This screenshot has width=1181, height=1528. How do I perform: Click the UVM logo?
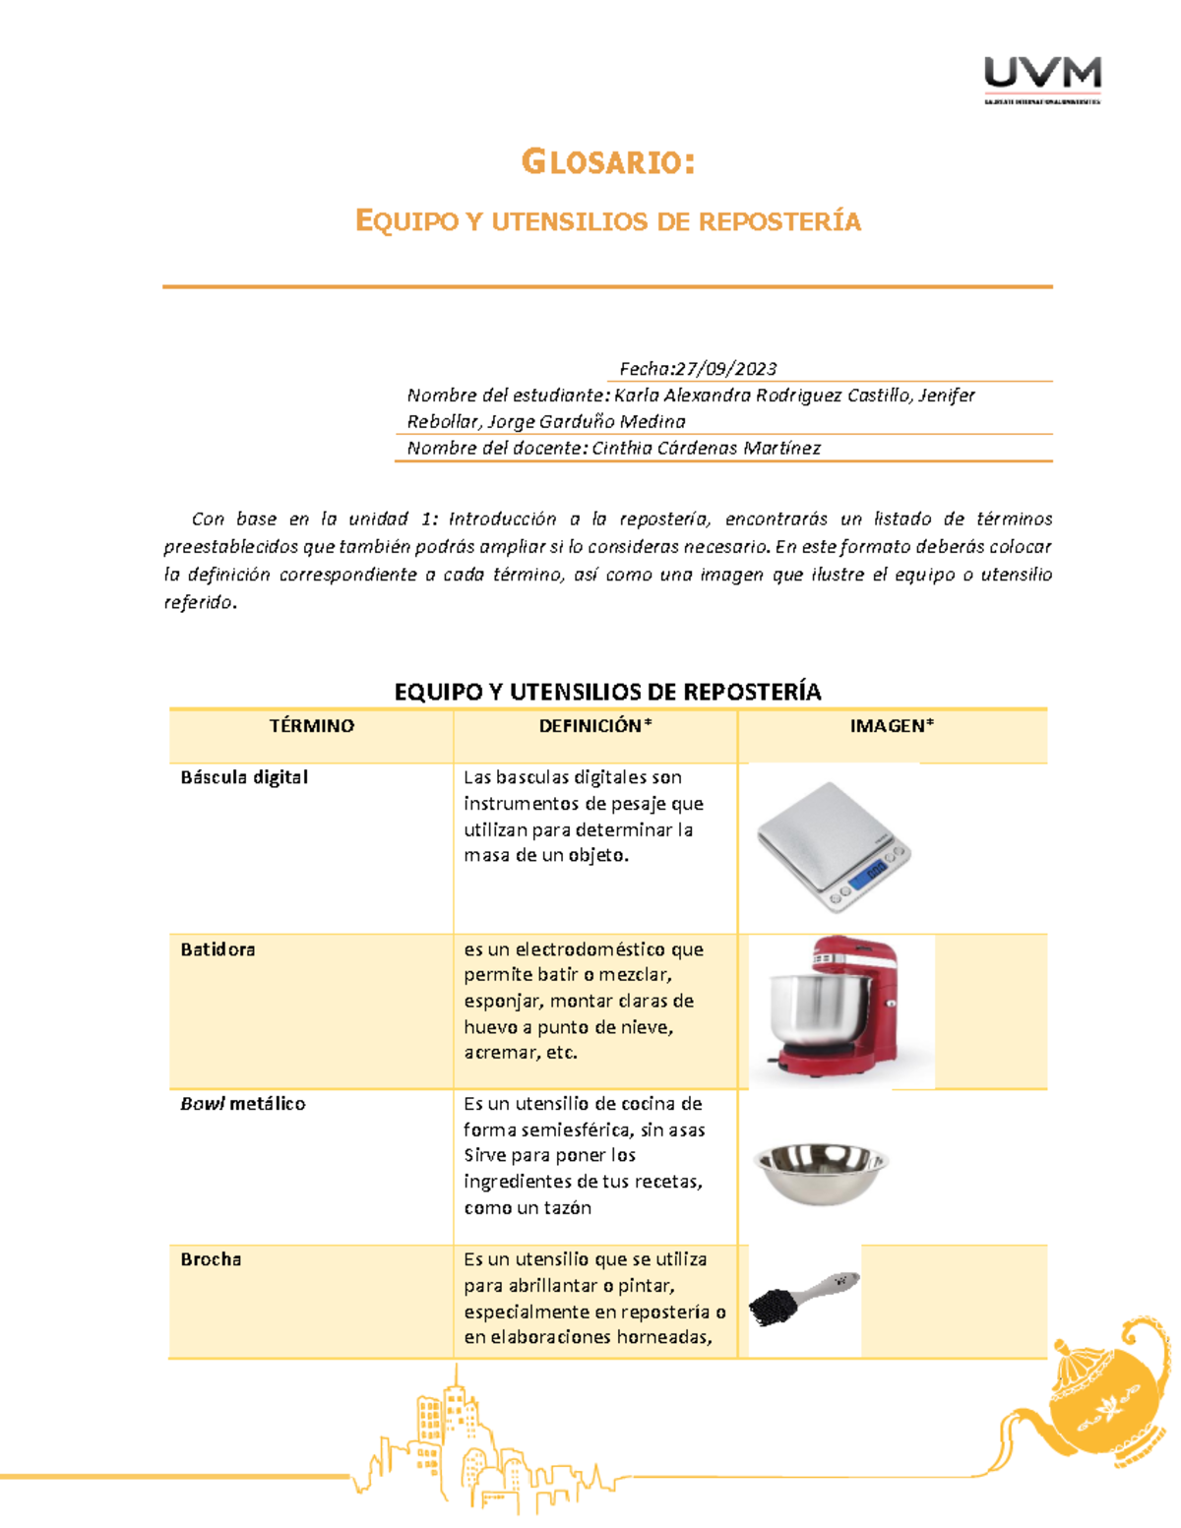click(x=1042, y=78)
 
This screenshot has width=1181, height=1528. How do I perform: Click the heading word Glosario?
click(x=607, y=161)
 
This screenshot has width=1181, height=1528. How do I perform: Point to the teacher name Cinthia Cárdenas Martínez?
click(x=706, y=449)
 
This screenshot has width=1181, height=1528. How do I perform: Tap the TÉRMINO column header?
click(x=311, y=726)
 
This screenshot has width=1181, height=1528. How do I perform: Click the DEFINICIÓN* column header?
click(x=594, y=726)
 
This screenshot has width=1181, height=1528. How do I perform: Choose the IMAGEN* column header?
click(x=892, y=726)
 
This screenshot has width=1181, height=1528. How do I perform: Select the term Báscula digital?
click(x=244, y=777)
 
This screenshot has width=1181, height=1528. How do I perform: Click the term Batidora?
click(x=218, y=949)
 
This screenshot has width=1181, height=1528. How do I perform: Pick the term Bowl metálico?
click(x=243, y=1104)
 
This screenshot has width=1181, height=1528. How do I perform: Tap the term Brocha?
click(x=211, y=1259)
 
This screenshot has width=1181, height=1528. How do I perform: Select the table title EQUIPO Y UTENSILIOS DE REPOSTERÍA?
click(x=607, y=692)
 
